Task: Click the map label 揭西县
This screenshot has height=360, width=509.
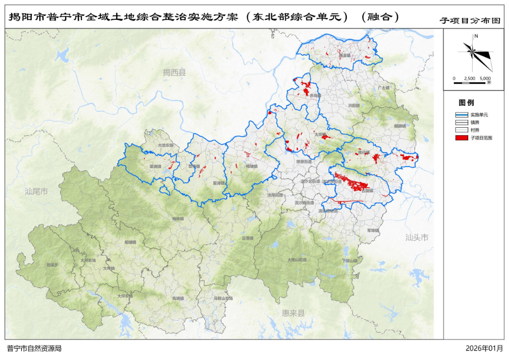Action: [174, 73]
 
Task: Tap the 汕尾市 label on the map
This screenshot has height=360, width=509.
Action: [36, 191]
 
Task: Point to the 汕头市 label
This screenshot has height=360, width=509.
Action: [416, 238]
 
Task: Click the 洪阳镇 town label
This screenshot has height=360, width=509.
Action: [353, 105]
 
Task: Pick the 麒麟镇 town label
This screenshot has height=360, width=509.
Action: [400, 126]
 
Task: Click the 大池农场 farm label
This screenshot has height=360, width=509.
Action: [166, 145]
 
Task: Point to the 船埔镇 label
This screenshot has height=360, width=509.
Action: [130, 243]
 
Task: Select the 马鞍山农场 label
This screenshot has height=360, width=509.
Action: [223, 298]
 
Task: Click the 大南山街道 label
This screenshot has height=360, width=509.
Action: [297, 260]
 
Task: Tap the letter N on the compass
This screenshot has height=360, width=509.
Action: [476, 36]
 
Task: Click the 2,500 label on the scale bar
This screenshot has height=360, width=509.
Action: [470, 79]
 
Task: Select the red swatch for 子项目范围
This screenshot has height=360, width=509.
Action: [462, 137]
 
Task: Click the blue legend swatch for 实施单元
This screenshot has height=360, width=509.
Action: [462, 114]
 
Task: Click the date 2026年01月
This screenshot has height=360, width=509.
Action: [485, 349]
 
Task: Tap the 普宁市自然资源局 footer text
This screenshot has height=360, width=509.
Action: [34, 349]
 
